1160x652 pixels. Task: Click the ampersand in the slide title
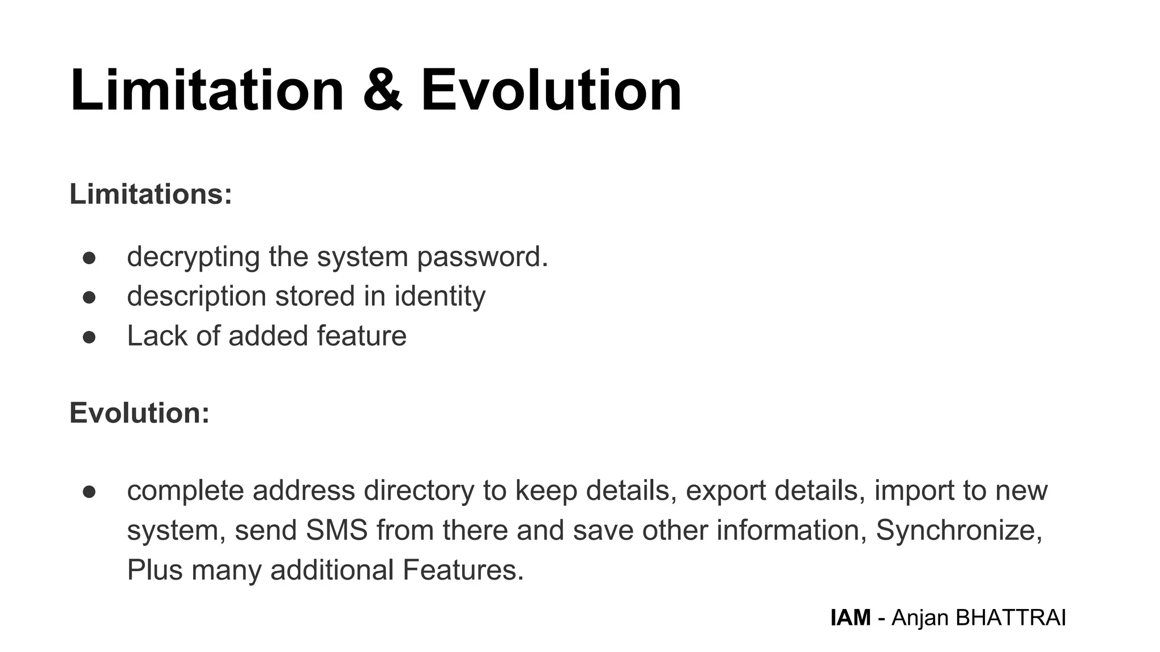tap(382, 91)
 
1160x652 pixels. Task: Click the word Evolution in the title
tap(551, 91)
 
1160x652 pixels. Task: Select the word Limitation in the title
tap(207, 91)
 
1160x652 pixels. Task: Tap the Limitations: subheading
tap(151, 194)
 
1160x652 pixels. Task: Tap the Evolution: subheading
tap(139, 413)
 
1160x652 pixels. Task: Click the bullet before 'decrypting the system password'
tap(89, 258)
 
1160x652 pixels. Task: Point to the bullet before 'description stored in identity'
tap(89, 298)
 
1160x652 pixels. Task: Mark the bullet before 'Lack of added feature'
tap(89, 337)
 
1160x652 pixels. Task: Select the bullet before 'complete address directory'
tap(89, 492)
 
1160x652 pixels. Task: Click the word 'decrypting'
tap(194, 257)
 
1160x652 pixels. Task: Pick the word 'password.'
tap(483, 257)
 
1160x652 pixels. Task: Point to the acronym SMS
tap(336, 530)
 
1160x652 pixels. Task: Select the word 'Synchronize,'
tap(959, 530)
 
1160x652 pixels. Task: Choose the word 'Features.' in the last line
tap(463, 570)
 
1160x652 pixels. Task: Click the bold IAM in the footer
tap(850, 617)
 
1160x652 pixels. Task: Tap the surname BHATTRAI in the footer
tap(1010, 617)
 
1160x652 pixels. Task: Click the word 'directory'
tap(419, 491)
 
